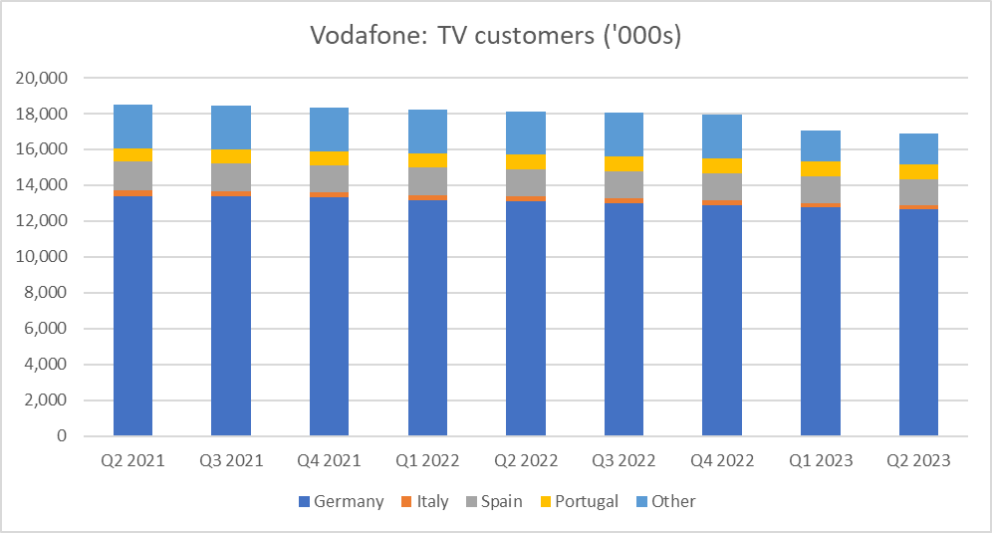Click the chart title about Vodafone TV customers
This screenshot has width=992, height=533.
coord(496,36)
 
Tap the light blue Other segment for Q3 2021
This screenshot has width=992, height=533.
coord(230,128)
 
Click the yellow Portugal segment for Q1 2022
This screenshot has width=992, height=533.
coord(427,160)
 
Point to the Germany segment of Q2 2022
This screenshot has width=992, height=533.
coord(525,319)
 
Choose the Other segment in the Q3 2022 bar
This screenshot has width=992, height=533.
coord(623,134)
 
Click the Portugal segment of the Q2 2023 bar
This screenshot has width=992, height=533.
coord(918,171)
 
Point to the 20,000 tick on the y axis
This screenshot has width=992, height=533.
coord(43,78)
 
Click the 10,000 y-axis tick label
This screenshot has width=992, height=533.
coord(43,257)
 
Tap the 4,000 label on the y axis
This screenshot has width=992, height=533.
coord(47,365)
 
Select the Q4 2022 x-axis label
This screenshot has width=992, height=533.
coord(721,460)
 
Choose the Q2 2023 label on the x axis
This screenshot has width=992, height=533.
coord(918,460)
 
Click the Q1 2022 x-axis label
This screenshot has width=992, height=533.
coord(427,460)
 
